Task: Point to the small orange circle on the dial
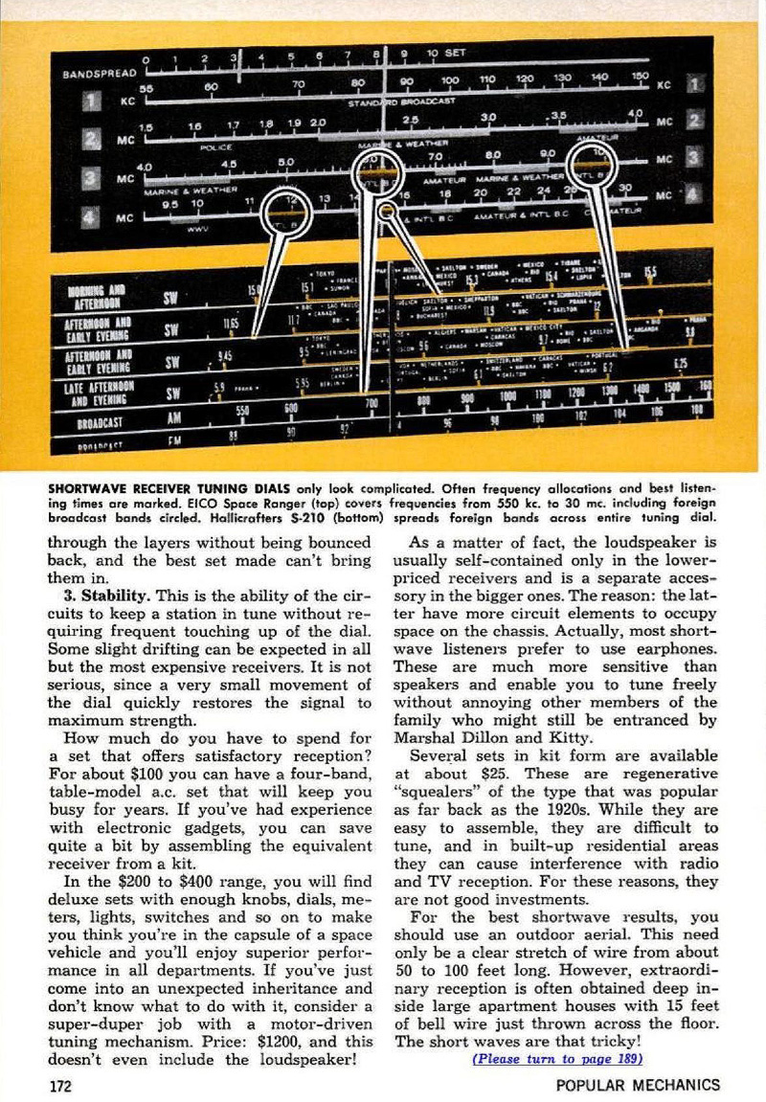point(388,210)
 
